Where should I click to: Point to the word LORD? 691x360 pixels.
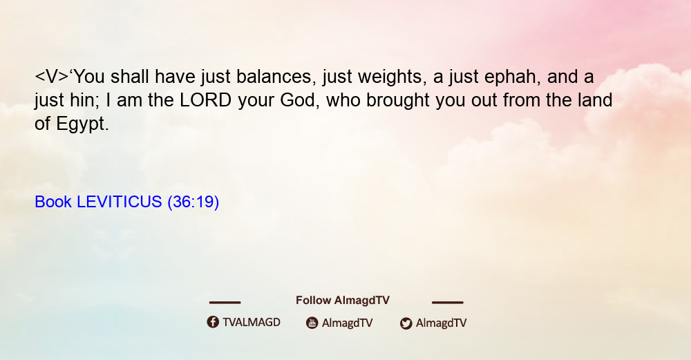pos(205,100)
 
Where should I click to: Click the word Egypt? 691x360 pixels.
pos(82,124)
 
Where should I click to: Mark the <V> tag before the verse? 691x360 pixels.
pos(52,77)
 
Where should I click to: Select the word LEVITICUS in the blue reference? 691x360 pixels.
pos(120,202)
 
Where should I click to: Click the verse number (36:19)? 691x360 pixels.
pos(193,202)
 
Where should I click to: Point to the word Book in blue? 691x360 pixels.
pos(53,202)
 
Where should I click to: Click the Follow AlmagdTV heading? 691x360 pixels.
pos(343,301)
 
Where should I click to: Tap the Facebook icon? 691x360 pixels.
pos(213,322)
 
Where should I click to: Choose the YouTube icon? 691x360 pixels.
pos(312,323)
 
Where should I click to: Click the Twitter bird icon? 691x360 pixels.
pos(406,323)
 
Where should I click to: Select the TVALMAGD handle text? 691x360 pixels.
pos(252,323)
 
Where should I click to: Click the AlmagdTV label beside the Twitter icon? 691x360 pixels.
pos(441,323)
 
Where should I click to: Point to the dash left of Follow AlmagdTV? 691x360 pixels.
pos(225,303)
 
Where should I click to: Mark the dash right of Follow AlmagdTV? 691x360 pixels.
pos(447,303)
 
